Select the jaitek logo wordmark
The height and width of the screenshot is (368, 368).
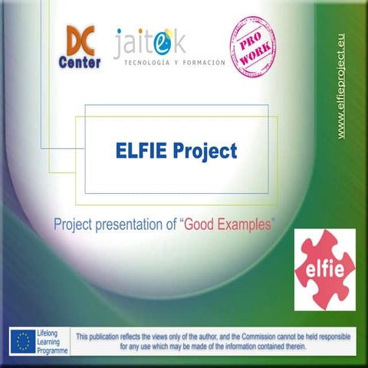tap(150, 43)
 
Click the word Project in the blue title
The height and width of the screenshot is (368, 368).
tap(205, 152)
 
